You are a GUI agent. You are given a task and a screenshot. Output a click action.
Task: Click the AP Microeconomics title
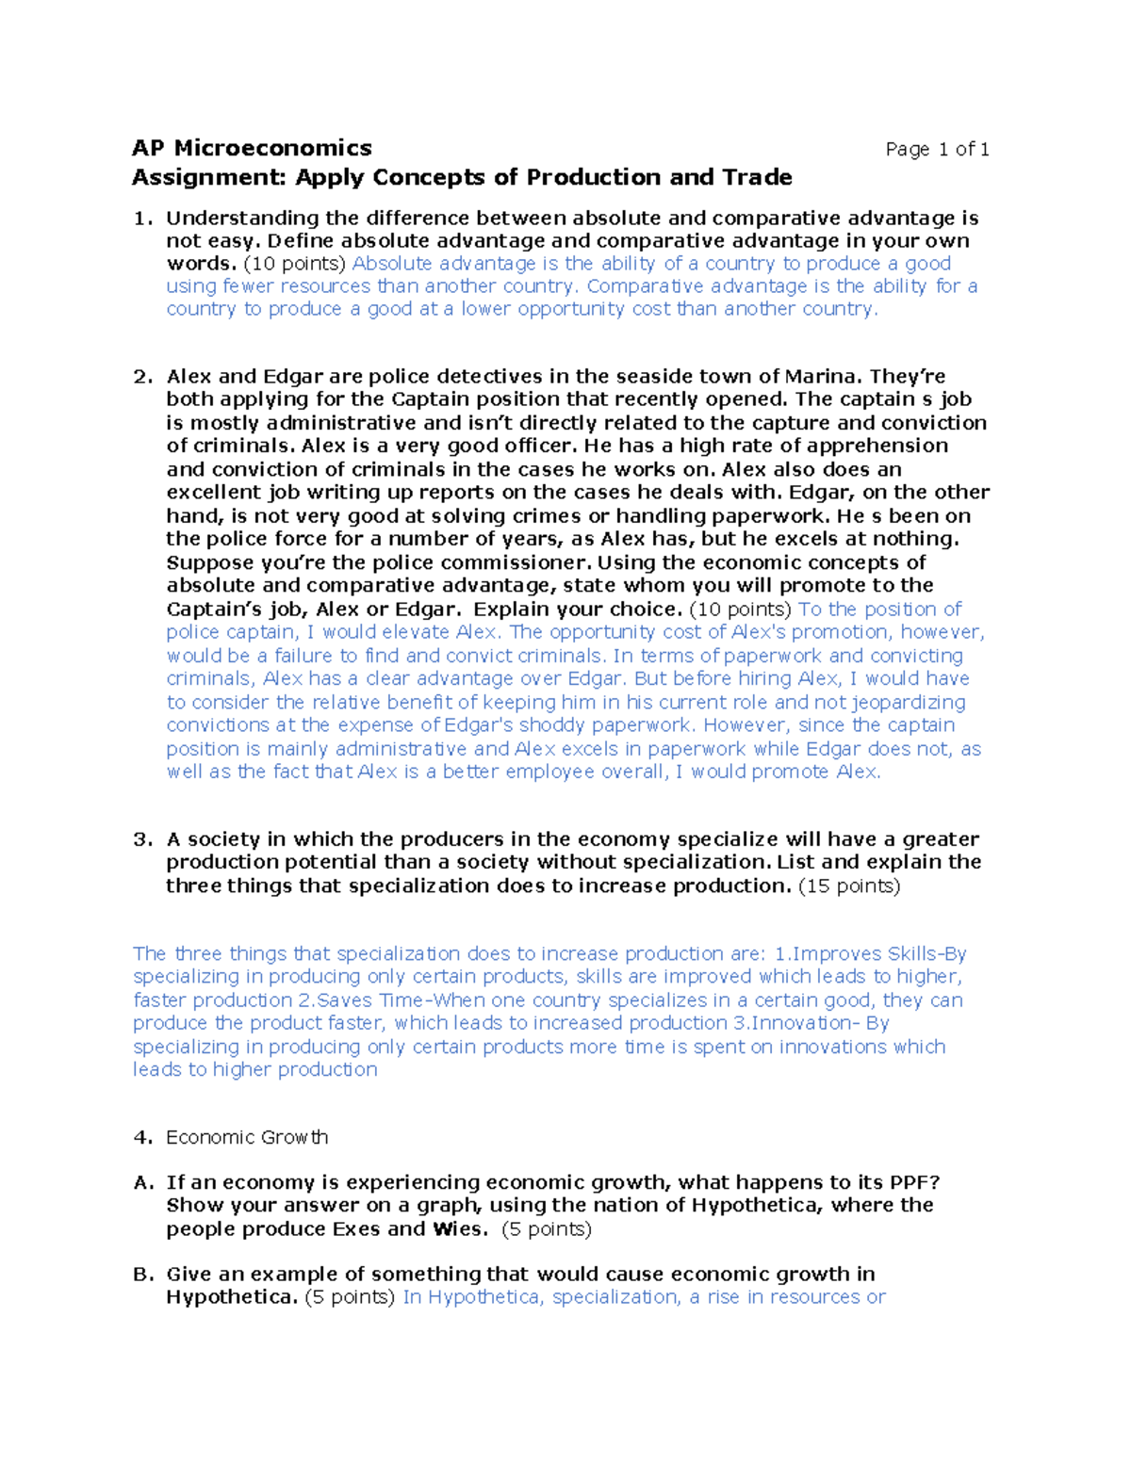pos(252,148)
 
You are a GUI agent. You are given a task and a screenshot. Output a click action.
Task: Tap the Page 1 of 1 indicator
pos(937,149)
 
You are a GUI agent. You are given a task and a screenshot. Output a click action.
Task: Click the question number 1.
pos(142,219)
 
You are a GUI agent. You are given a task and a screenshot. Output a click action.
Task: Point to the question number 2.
pos(142,377)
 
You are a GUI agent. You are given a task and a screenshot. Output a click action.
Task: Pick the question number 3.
pos(142,839)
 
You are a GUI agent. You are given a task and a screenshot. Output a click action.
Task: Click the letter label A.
pos(142,1182)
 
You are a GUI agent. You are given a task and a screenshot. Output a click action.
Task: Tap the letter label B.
pos(142,1274)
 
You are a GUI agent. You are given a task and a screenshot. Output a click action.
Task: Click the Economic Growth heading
pos(247,1137)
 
